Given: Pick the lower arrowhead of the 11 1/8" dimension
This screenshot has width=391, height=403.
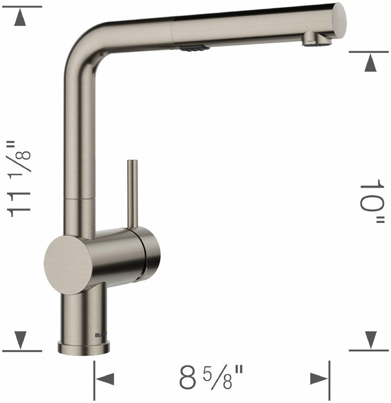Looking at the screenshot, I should (x=21, y=339).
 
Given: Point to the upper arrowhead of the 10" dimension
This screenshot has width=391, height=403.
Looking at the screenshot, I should (x=370, y=64).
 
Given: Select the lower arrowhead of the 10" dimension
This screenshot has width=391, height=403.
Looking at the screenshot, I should (x=370, y=339).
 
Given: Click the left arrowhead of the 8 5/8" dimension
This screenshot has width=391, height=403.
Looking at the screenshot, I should (x=105, y=379).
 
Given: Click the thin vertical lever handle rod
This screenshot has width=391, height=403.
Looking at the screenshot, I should (x=131, y=193).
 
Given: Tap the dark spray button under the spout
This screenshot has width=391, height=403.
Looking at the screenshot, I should (x=194, y=47).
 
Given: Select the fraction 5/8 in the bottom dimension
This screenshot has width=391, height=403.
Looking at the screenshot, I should (x=223, y=377).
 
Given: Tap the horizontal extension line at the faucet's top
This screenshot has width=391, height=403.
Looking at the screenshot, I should (x=22, y=7).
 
